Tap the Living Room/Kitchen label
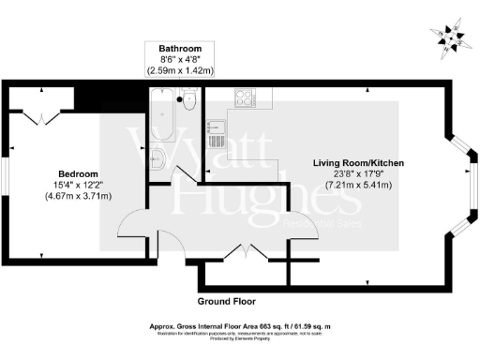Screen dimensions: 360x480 click(x=358, y=163)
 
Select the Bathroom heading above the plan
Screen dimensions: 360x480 click(x=180, y=48)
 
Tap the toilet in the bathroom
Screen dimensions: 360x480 click(x=188, y=99)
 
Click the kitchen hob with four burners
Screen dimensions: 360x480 click(x=245, y=97)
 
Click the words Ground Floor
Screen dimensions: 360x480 click(x=226, y=302)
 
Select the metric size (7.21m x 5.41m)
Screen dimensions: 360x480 click(x=358, y=186)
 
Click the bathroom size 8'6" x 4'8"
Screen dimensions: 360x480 click(x=180, y=59)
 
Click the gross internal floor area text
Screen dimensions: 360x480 click(x=241, y=325)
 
